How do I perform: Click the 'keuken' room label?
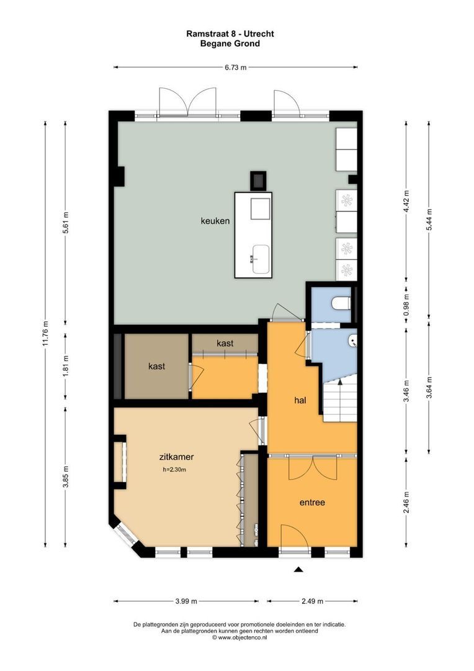point(215,221)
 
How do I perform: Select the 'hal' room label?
point(301,400)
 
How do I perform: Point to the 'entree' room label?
point(312,502)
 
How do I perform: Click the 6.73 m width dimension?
point(235,67)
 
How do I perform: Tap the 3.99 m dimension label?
point(186,601)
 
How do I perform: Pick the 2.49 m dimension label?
point(311,601)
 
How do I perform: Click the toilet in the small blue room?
point(341,303)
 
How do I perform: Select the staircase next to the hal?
point(339,398)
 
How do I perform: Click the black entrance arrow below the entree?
point(298,569)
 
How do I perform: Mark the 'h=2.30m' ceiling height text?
point(174,470)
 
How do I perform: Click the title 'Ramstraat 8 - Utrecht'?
point(230,34)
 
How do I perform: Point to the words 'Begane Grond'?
point(230,43)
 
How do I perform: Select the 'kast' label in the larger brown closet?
point(156,367)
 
